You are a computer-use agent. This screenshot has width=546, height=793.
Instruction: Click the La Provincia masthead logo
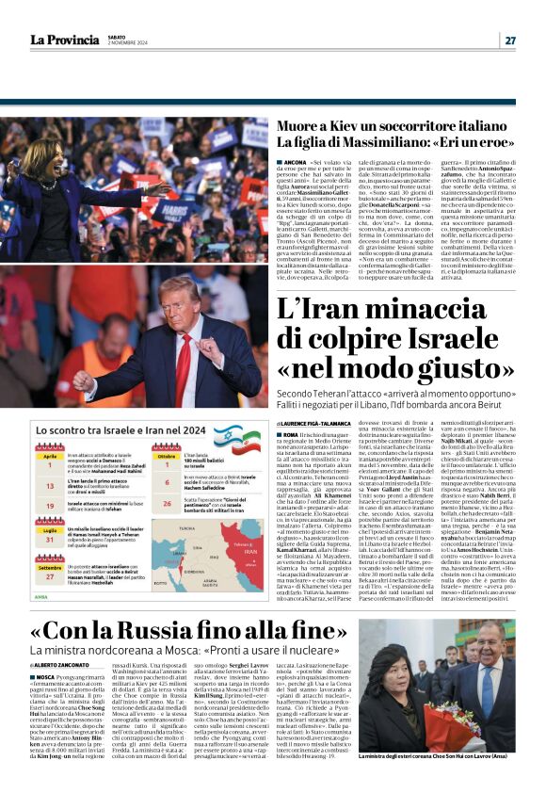(x=67, y=40)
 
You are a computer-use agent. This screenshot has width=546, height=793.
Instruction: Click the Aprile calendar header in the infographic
(x=51, y=455)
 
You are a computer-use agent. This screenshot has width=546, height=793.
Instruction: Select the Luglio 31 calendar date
(x=51, y=539)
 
